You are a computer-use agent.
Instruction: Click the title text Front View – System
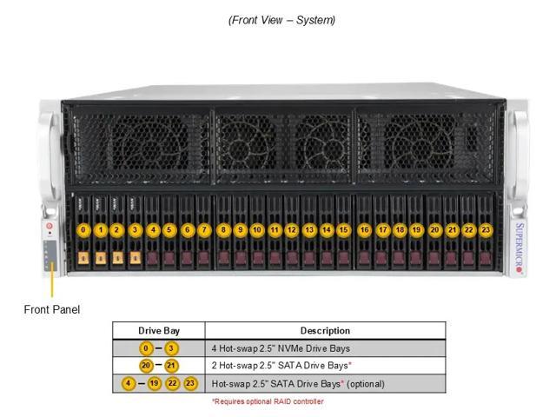(x=281, y=20)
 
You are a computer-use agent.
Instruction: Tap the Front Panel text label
(x=52, y=309)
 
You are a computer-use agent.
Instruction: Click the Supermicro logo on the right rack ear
(x=520, y=248)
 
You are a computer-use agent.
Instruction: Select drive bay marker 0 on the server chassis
(x=83, y=230)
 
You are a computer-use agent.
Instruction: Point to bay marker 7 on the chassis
(x=204, y=230)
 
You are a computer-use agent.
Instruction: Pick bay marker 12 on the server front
(x=291, y=230)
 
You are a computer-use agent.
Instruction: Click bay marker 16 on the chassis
(x=365, y=230)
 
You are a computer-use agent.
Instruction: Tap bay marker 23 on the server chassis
(x=486, y=230)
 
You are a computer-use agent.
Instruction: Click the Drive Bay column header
(x=159, y=330)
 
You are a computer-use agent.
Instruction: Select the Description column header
(x=325, y=330)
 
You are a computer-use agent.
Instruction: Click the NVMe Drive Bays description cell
(x=281, y=348)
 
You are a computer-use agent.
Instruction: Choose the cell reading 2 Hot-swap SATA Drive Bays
(x=281, y=366)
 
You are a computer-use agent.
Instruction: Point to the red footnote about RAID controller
(x=268, y=401)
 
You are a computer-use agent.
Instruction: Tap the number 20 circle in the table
(x=147, y=366)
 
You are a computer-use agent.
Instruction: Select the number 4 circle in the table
(x=129, y=383)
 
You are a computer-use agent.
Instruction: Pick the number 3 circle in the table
(x=171, y=348)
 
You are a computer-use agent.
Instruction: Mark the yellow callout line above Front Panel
(x=52, y=282)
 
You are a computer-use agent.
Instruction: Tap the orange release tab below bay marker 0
(x=83, y=258)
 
